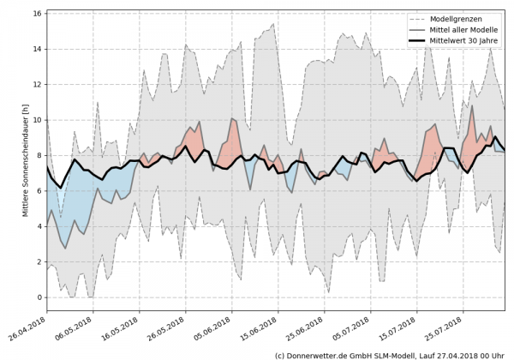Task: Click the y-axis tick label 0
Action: point(38,297)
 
